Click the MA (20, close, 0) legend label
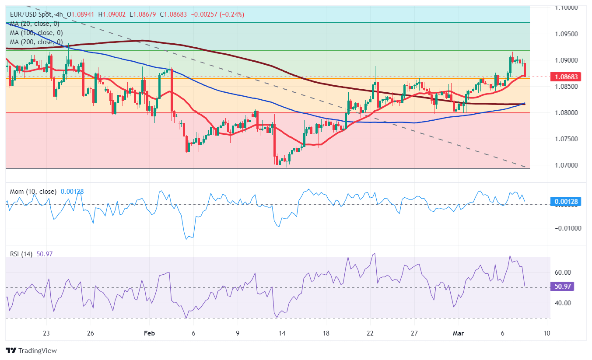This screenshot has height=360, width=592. [x=35, y=24]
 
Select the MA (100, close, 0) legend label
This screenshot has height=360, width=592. [x=36, y=33]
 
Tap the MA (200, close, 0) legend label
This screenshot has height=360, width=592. [x=36, y=42]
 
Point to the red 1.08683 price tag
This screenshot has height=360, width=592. [x=566, y=77]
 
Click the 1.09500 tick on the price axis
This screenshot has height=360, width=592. [x=566, y=34]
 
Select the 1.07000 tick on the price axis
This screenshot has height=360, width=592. [x=566, y=165]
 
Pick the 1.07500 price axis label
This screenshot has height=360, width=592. [x=566, y=139]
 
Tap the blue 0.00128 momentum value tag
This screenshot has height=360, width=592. [x=566, y=202]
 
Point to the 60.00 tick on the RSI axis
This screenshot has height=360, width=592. [x=563, y=272]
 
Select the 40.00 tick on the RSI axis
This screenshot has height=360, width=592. [x=563, y=303]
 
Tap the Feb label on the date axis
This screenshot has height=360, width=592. [x=150, y=333]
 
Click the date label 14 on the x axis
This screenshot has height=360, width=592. [x=282, y=333]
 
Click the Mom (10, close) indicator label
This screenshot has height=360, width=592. [x=33, y=192]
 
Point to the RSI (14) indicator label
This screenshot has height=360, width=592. [x=21, y=254]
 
